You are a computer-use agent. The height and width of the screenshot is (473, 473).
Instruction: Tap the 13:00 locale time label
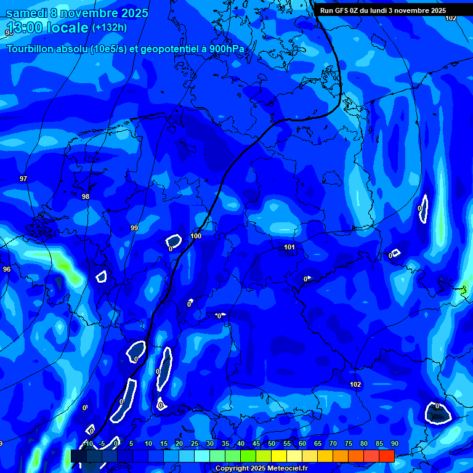tap(47, 28)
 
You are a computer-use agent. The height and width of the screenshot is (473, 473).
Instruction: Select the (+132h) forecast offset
tap(109, 27)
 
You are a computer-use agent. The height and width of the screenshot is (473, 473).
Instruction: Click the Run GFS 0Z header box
tap(382, 10)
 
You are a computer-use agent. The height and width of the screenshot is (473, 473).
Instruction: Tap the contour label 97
tap(23, 179)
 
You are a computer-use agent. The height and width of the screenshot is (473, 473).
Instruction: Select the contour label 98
tap(86, 196)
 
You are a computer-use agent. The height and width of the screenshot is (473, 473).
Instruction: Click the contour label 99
tap(134, 228)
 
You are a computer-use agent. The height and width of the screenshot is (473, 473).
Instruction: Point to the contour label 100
tap(196, 236)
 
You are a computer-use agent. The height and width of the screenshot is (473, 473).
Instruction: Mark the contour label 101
tap(289, 247)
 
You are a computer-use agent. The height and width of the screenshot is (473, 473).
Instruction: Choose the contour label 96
tap(7, 269)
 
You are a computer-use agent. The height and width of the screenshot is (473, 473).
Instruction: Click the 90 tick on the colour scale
tap(394, 443)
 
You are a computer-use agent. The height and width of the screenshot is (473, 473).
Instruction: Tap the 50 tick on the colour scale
tap(272, 443)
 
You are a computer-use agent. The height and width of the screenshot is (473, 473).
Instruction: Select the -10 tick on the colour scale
tap(88, 443)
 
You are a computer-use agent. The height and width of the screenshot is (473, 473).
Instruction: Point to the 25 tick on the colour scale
tap(195, 443)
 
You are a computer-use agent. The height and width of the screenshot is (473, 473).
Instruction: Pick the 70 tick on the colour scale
tap(333, 443)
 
